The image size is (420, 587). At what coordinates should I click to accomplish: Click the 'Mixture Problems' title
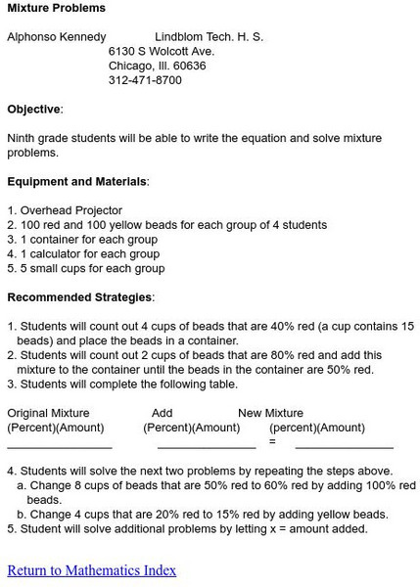[56, 8]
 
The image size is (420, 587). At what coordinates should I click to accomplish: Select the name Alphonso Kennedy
[57, 37]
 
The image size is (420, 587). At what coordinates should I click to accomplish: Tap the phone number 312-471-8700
[145, 80]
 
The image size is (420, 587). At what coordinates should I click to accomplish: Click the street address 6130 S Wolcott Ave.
[162, 51]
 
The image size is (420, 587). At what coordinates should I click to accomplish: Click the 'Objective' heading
[34, 109]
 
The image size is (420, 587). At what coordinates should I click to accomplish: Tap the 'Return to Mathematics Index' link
[91, 569]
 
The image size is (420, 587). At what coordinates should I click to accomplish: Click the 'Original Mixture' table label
[48, 413]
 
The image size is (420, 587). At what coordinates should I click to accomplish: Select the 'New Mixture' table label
[270, 413]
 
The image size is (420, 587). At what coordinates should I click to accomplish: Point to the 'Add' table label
[162, 413]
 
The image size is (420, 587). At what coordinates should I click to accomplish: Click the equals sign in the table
[272, 442]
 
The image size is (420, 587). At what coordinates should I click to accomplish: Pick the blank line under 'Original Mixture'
[59, 445]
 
